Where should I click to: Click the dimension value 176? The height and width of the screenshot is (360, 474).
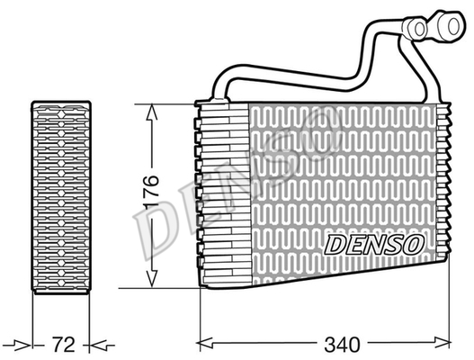(151, 192)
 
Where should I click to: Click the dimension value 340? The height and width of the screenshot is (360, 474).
(342, 345)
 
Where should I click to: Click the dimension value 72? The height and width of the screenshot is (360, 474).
(64, 345)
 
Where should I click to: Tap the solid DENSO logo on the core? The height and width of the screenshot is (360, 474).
(374, 244)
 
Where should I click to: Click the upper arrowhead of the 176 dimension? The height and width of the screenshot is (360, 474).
(151, 112)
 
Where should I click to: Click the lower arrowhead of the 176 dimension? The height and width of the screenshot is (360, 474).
(151, 279)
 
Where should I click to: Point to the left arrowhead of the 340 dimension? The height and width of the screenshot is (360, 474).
(205, 344)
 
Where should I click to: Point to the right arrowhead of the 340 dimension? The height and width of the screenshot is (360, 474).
(443, 344)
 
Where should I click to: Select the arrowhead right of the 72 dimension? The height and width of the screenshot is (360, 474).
(99, 345)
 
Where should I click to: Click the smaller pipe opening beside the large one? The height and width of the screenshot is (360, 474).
(420, 29)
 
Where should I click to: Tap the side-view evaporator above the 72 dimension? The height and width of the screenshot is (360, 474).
(61, 197)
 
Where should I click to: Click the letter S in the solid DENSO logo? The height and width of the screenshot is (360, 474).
(393, 245)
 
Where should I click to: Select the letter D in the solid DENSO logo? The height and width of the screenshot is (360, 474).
(335, 245)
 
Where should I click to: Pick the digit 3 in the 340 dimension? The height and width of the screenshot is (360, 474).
(329, 345)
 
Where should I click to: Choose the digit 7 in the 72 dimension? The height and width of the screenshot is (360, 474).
(58, 345)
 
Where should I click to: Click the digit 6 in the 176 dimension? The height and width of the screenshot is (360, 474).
(151, 180)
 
